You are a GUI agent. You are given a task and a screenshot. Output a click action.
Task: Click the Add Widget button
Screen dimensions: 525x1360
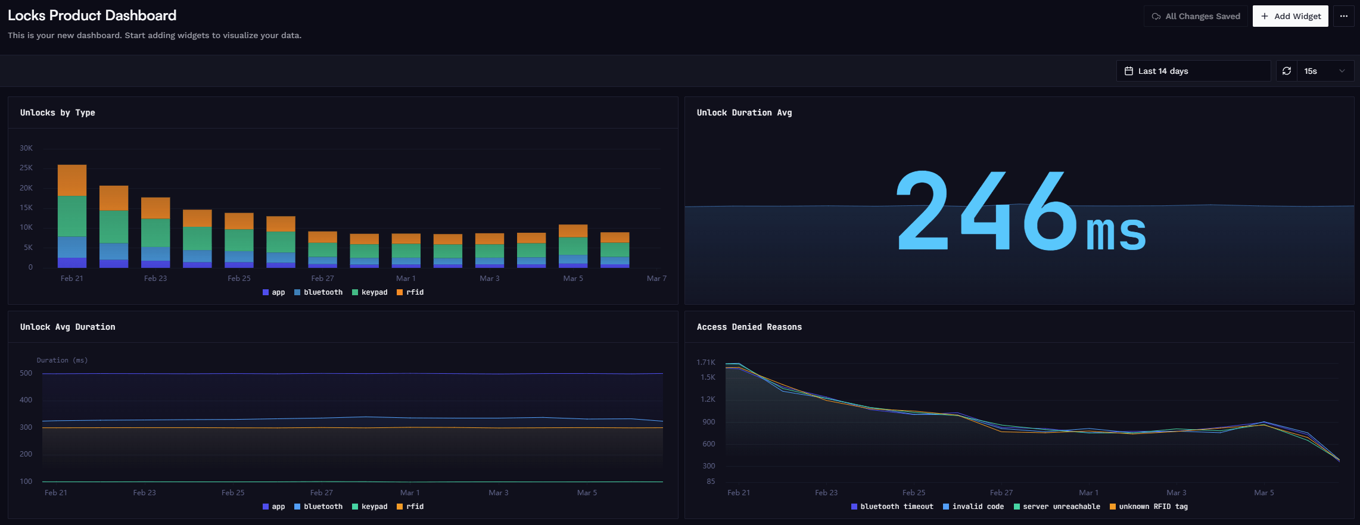coord(1290,16)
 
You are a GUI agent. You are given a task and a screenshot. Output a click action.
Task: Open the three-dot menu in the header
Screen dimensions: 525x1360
coord(1343,16)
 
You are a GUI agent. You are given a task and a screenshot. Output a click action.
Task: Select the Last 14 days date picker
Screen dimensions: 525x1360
coord(1193,71)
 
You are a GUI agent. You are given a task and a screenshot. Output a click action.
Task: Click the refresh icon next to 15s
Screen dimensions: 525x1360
coord(1287,71)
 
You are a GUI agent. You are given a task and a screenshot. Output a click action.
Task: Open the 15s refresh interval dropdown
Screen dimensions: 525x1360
coord(1324,71)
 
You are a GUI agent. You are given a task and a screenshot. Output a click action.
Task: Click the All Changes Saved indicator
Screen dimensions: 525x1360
coord(1196,16)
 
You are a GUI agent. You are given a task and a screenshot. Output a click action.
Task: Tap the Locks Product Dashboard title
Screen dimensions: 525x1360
coord(92,15)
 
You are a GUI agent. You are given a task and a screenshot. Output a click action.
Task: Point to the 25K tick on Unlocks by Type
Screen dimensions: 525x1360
coord(26,168)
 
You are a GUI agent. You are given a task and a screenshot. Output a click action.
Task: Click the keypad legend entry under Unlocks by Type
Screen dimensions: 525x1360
coord(370,292)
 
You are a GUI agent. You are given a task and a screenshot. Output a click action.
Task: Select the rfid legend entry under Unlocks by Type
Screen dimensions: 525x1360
coord(410,292)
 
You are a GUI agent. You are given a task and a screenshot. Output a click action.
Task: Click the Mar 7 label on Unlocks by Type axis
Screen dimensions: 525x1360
coord(656,278)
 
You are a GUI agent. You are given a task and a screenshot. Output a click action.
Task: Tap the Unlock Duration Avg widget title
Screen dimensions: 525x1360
coord(744,112)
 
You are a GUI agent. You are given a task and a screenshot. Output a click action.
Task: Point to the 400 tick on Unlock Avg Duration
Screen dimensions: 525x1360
coord(26,400)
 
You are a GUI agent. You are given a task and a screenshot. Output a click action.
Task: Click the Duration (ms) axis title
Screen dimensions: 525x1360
coord(62,360)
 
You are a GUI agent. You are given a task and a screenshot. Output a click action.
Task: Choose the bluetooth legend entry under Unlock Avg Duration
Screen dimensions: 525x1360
coord(319,507)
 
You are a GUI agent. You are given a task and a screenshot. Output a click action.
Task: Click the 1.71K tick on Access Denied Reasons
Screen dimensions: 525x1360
coord(705,362)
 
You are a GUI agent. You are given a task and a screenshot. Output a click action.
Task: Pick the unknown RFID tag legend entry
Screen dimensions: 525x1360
coord(1149,507)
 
